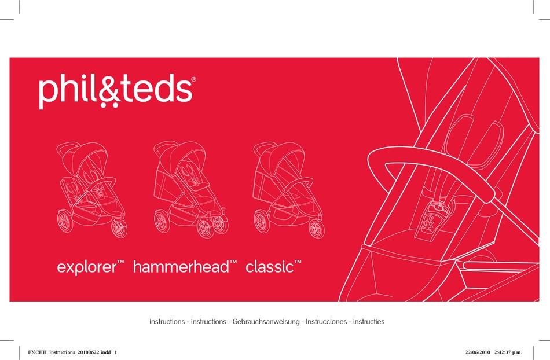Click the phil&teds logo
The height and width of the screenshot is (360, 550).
[117, 91]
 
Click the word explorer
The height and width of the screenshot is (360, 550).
[87, 267]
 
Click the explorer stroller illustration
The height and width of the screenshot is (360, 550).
[92, 190]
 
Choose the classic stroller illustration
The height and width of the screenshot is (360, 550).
[289, 190]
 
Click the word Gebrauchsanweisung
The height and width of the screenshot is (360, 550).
[266, 322]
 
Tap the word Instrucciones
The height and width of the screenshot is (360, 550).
[326, 322]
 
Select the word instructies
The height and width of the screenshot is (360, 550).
[369, 322]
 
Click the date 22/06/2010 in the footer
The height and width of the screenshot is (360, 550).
[478, 352]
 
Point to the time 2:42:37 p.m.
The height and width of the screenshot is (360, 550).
[508, 352]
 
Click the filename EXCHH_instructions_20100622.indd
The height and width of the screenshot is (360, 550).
[69, 352]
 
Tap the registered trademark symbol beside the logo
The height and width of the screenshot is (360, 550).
[193, 79]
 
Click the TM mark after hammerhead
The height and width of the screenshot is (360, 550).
[233, 262]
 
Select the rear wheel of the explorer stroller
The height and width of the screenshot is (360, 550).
[65, 221]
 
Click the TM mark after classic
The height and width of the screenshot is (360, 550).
[298, 262]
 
